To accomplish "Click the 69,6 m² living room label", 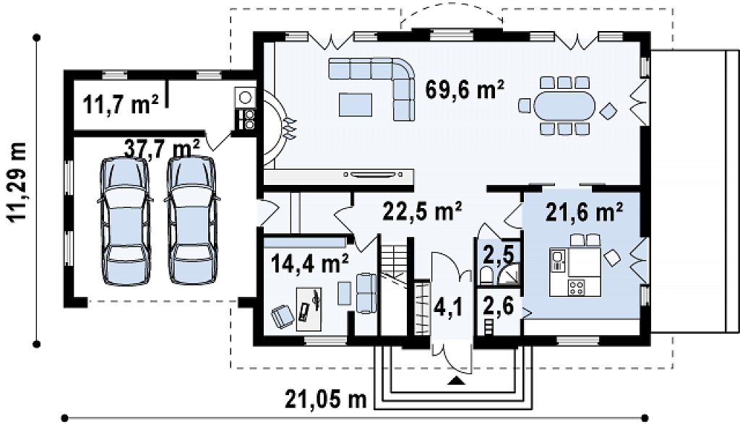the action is [465, 89].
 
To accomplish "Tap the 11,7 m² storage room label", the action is [121, 104].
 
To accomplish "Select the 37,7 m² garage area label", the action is [162, 148].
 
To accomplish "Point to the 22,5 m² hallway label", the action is [422, 211].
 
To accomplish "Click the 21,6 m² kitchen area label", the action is [584, 212].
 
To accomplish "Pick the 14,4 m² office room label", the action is [310, 263].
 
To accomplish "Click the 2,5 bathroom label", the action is [499, 254].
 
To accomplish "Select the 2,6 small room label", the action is [499, 307].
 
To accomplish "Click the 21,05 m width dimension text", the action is [326, 400].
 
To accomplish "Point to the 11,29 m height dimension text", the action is [17, 181].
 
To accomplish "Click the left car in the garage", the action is [125, 220].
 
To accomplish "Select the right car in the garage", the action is [192, 220].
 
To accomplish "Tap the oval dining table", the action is [564, 105].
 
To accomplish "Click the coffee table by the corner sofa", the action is [355, 104].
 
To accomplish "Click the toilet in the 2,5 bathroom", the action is [486, 274].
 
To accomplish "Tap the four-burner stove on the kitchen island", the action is [577, 287].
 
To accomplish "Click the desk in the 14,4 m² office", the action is [309, 309].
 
